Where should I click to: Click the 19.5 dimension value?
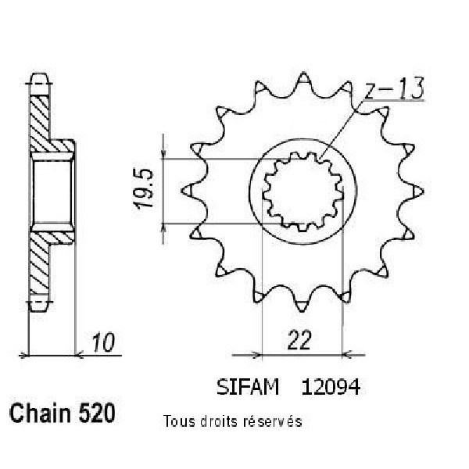click(x=144, y=188)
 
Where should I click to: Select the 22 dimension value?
click(x=299, y=340)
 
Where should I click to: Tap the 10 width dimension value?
click(x=103, y=342)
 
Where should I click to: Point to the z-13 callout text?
click(x=394, y=88)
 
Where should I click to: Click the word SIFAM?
click(x=248, y=387)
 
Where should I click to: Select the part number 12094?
click(x=331, y=387)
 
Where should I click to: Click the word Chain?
click(x=40, y=413)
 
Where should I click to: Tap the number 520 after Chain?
click(x=97, y=413)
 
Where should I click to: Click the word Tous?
click(x=179, y=421)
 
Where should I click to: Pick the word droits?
click(x=219, y=421)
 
